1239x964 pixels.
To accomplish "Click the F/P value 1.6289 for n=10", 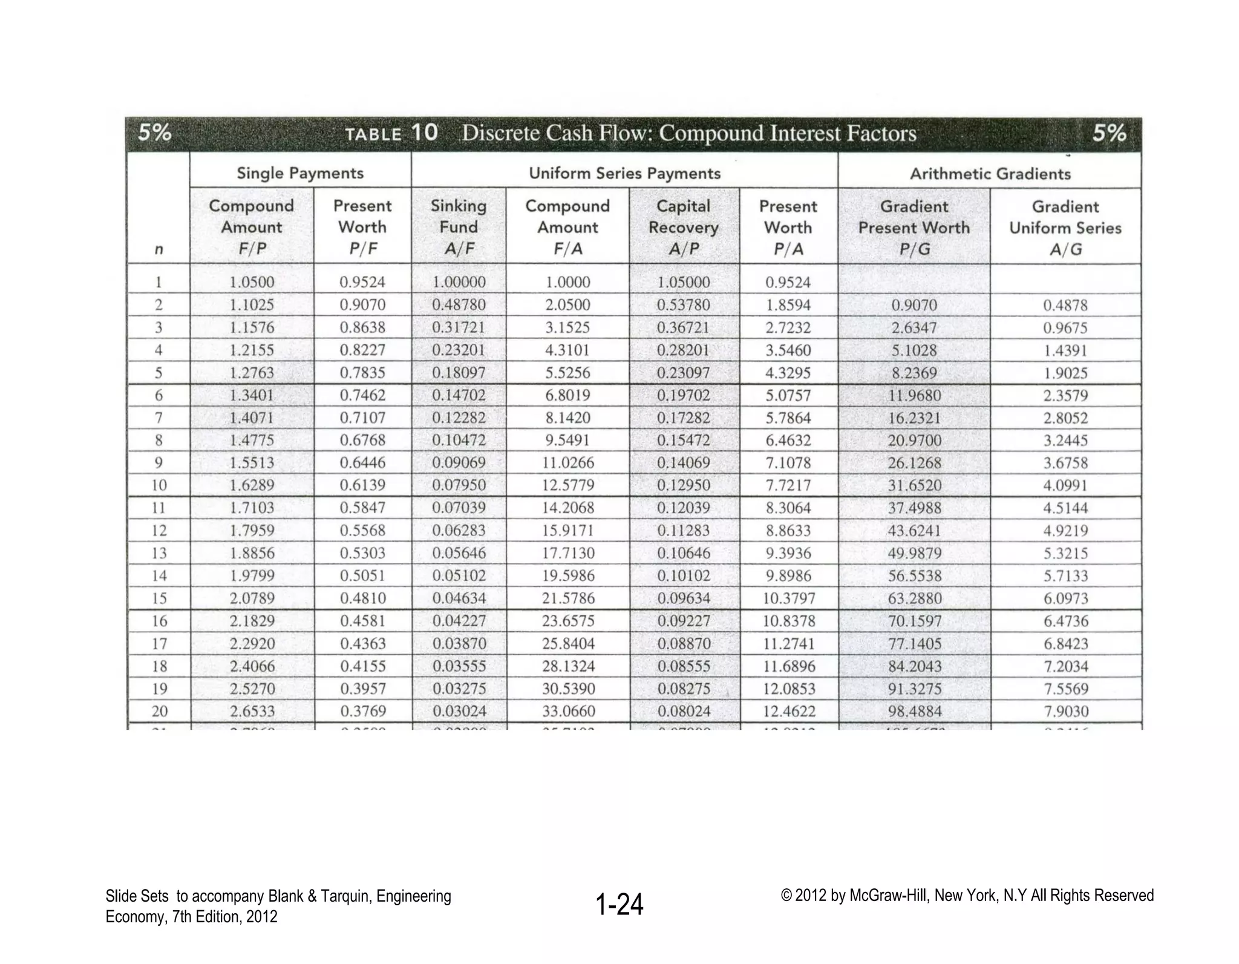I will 252,485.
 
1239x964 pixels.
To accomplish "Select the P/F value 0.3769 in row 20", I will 363,711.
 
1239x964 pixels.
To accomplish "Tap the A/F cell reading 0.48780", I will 459,305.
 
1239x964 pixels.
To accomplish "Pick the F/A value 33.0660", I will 568,711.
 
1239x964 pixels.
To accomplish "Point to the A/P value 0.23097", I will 684,373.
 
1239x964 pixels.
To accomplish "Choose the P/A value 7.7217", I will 788,485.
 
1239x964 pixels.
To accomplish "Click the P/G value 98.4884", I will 915,712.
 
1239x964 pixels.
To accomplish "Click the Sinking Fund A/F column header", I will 459,227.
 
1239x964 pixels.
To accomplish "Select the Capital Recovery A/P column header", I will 684,228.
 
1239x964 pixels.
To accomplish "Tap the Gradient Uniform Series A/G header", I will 1065,228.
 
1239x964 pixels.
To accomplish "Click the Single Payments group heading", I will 300,173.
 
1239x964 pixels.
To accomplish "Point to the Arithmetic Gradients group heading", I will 990,174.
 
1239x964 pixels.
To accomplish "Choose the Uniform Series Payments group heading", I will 624,174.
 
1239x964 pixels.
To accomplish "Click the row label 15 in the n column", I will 159,598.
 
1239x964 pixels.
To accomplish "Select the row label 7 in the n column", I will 159,418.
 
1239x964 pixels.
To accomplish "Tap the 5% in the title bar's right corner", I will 1109,133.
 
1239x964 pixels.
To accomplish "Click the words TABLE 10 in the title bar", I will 391,133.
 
